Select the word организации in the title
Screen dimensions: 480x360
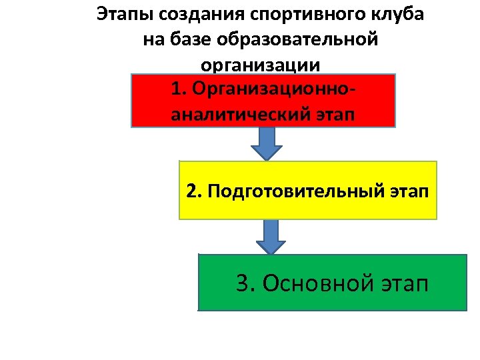click(260, 65)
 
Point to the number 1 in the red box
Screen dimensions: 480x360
click(176, 89)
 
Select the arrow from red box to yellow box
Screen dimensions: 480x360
click(267, 143)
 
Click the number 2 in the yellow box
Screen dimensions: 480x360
click(192, 192)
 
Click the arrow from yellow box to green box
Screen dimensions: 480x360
click(270, 237)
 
